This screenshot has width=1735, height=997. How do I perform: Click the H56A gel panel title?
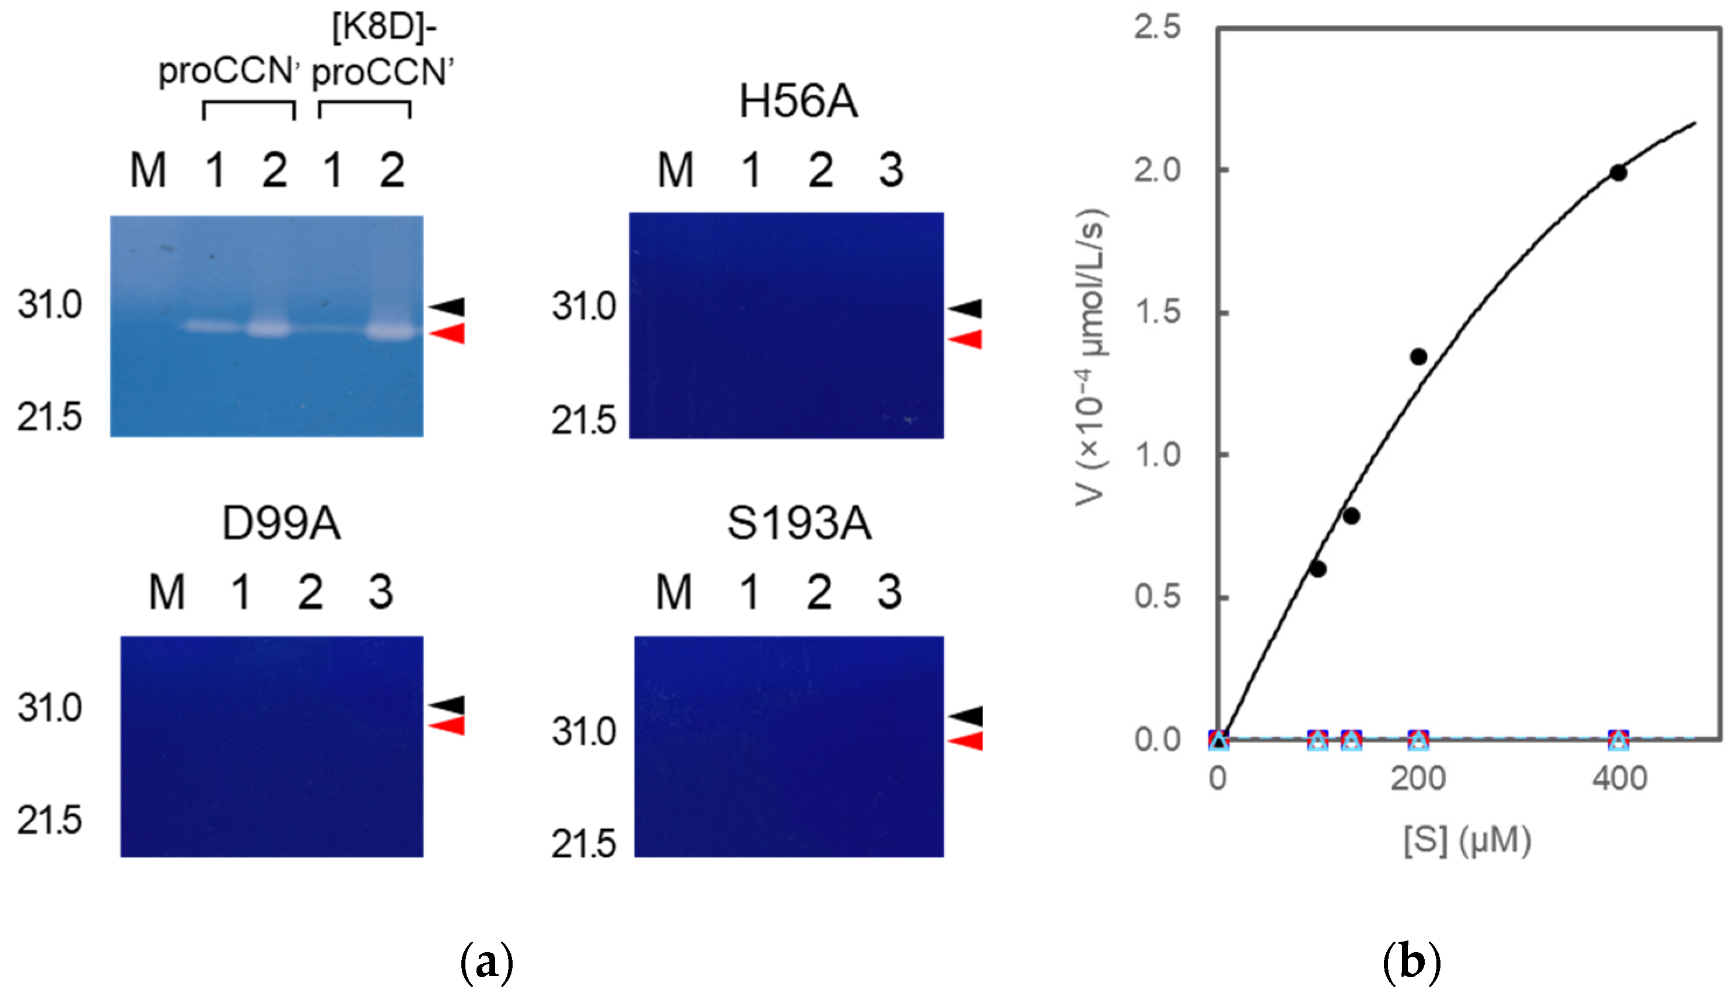pyautogui.click(x=798, y=102)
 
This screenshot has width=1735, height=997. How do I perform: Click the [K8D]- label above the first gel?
pyautogui.click(x=384, y=29)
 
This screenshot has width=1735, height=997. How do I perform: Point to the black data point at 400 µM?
pyautogui.click(x=1618, y=173)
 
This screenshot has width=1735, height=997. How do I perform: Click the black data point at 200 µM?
pyautogui.click(x=1418, y=357)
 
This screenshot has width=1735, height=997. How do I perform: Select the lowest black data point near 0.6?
pyautogui.click(x=1318, y=569)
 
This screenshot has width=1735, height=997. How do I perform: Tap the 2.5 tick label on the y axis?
pyautogui.click(x=1157, y=27)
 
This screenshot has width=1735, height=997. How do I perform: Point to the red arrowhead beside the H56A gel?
pyautogui.click(x=966, y=339)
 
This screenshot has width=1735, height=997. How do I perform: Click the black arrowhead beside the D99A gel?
pyautogui.click(x=448, y=705)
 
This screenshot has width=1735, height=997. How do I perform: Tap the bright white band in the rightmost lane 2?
pyautogui.click(x=390, y=332)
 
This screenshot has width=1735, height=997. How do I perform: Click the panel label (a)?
pyautogui.click(x=487, y=963)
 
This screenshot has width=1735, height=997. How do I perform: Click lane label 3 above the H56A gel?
pyautogui.click(x=891, y=170)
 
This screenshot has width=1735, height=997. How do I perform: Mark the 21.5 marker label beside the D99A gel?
pyautogui.click(x=50, y=820)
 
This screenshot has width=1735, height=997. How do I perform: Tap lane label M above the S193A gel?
pyautogui.click(x=674, y=592)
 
